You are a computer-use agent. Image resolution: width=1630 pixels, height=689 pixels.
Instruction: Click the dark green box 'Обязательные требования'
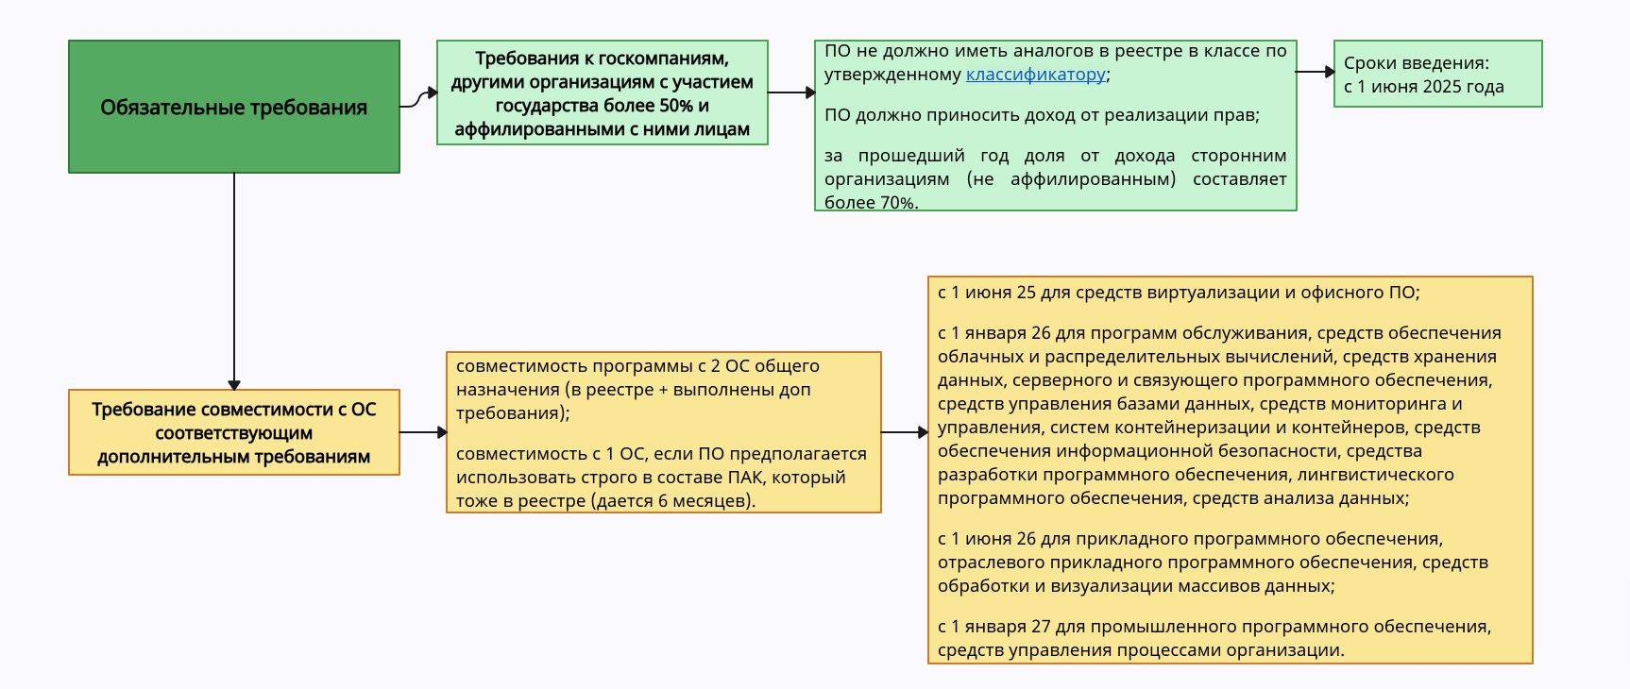coord(233,107)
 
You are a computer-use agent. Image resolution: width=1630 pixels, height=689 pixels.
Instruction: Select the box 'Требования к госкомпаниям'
coord(602,92)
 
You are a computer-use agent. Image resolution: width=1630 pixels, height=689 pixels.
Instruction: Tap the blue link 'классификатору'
coord(1035,75)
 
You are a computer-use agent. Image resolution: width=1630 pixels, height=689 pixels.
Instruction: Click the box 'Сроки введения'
coord(1437,74)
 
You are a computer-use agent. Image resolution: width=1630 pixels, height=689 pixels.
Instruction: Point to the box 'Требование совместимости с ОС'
coord(233,432)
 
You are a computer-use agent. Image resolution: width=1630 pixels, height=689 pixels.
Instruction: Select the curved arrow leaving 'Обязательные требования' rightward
coord(417,98)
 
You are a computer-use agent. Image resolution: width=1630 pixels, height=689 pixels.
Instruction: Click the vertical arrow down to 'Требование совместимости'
coord(234,283)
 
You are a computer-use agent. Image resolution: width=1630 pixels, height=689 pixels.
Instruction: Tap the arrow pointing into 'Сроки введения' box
coord(1315,72)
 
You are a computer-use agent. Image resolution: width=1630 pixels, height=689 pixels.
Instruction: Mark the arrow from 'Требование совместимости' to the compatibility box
coord(422,432)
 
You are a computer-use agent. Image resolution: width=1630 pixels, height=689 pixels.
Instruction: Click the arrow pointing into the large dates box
coord(904,432)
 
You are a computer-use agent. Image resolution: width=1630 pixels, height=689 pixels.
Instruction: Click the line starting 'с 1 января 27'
coord(1214,627)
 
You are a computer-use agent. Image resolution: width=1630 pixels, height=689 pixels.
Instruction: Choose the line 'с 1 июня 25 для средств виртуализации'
coord(1178,293)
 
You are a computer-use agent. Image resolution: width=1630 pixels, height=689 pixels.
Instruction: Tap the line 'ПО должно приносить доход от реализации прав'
coord(1041,115)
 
